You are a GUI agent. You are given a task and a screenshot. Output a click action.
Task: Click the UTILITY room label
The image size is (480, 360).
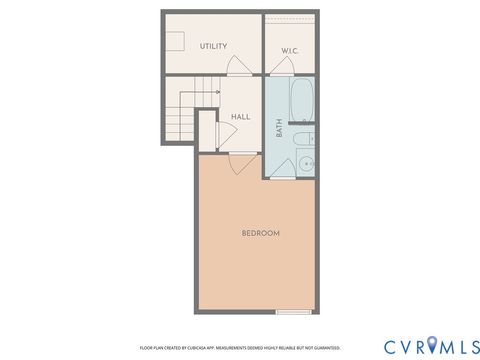coord(213,46)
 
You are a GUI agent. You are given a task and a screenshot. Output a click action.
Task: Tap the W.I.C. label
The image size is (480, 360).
coord(290,50)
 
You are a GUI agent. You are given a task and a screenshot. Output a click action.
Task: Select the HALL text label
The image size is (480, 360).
coord(241,117)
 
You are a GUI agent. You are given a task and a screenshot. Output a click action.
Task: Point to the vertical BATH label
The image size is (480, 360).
coord(280,127)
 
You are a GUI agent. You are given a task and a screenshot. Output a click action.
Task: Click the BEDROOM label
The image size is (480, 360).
coord(260,233)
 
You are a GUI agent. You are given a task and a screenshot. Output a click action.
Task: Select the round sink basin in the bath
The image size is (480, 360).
coord(307,163)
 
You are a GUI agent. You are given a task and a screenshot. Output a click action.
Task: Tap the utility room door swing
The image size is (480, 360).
coord(241,67)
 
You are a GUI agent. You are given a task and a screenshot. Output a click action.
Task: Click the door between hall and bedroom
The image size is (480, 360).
coord(240,159)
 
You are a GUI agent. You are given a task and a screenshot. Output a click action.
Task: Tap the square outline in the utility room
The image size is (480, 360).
coord(178,40)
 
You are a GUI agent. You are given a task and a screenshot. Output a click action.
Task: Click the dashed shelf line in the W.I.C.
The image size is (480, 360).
coord(291,18)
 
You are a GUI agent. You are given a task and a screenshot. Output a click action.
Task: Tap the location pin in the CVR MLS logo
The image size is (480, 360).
coord(432,345)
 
